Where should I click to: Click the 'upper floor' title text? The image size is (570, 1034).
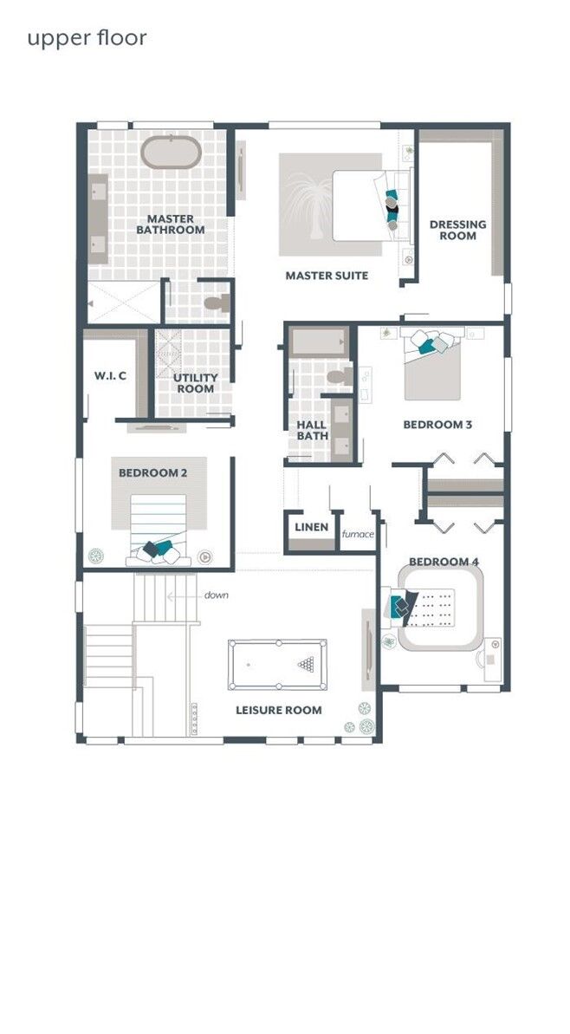(87, 38)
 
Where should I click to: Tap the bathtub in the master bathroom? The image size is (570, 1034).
(172, 153)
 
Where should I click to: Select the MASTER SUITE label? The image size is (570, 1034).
(327, 275)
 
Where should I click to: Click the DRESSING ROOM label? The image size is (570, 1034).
(458, 230)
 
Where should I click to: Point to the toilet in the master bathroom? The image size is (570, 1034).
(217, 303)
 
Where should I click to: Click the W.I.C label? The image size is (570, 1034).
(110, 376)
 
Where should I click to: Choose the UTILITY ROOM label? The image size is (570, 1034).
(196, 383)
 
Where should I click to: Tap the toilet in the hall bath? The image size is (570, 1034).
(340, 377)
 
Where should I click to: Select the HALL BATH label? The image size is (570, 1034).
(312, 431)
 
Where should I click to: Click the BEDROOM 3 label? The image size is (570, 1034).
(437, 425)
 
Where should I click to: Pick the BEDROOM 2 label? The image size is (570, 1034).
(152, 473)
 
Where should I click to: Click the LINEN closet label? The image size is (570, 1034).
(311, 527)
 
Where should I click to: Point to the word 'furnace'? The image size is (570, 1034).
(358, 534)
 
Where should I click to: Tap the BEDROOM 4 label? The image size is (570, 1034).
(444, 562)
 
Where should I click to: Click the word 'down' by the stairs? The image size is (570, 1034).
(217, 595)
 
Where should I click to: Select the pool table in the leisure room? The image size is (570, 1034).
(277, 665)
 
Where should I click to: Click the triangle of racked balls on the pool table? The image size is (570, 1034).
(307, 664)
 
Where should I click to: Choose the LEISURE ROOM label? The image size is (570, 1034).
(279, 710)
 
